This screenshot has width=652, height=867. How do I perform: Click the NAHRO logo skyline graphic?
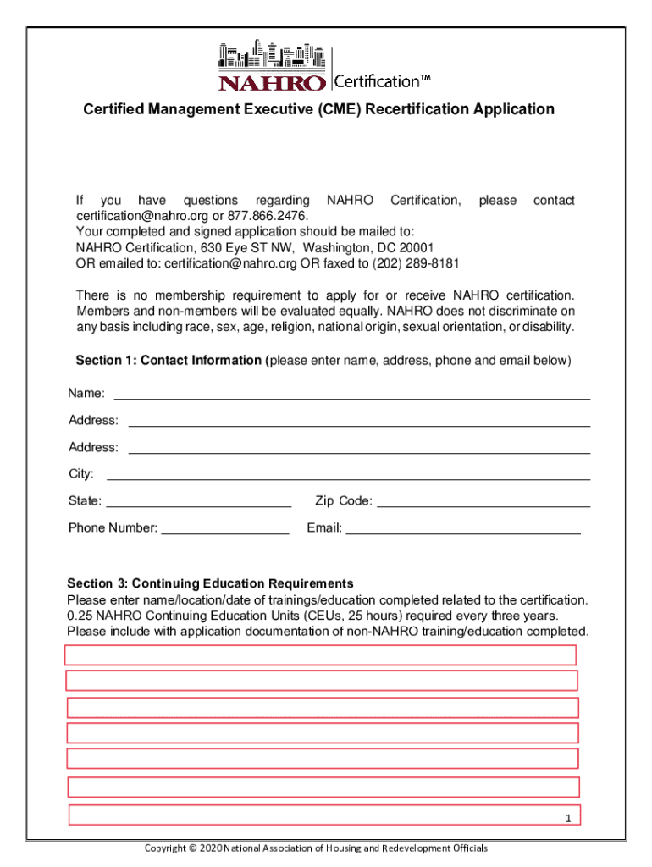click(x=272, y=55)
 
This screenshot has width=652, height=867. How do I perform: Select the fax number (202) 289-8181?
click(x=417, y=263)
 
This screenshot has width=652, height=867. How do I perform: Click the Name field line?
click(x=351, y=396)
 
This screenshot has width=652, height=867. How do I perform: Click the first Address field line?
click(x=358, y=423)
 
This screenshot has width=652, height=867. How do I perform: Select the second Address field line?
click(x=358, y=450)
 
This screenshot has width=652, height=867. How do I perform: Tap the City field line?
click(x=347, y=478)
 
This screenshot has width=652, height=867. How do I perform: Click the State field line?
click(x=198, y=505)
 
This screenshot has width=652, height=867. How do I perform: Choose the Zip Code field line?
click(x=483, y=505)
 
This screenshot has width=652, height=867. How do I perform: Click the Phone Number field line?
click(x=224, y=532)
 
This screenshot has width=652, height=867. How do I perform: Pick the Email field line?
click(x=463, y=532)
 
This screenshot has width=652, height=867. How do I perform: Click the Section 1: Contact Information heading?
click(x=169, y=361)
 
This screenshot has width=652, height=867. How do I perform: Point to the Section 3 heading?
click(x=210, y=583)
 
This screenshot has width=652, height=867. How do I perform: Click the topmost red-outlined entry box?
click(x=320, y=655)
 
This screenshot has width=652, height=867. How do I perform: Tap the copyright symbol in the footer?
click(x=193, y=848)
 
